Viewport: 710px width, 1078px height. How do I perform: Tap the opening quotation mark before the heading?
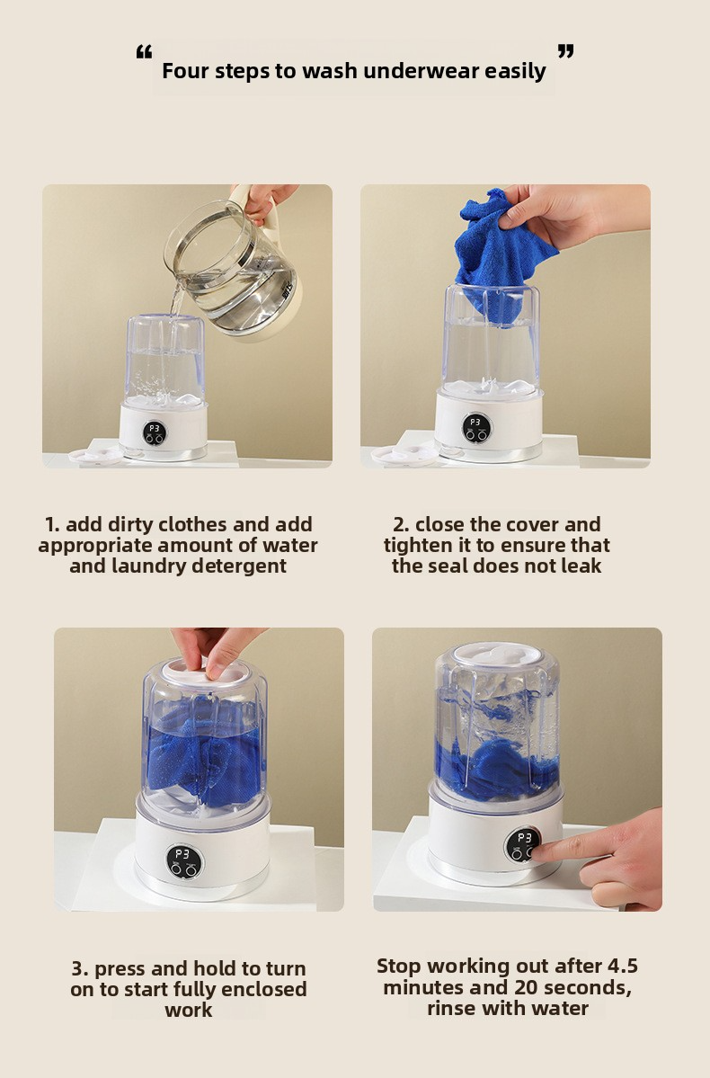pyautogui.click(x=144, y=51)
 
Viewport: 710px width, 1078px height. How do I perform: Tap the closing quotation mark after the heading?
pyautogui.click(x=565, y=51)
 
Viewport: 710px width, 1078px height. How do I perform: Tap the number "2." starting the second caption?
pyautogui.click(x=402, y=524)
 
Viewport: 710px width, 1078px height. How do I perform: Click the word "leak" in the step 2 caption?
pyautogui.click(x=583, y=566)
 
